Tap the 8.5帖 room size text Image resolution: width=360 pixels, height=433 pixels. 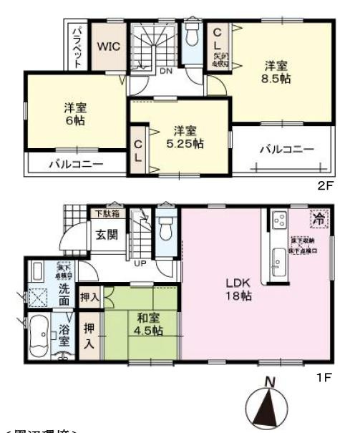[x=275, y=79]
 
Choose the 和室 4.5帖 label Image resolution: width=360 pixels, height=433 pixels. [x=145, y=324]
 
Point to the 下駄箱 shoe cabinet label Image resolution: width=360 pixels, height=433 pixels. [x=105, y=214]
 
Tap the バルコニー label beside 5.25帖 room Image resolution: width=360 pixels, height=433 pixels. [x=286, y=150]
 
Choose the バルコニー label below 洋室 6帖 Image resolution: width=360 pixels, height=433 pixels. [x=76, y=164]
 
